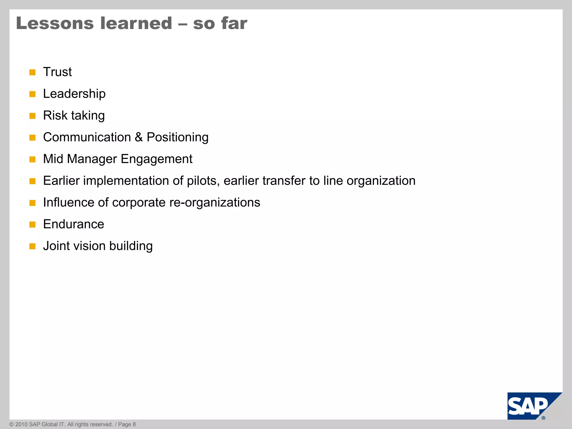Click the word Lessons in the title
point(55,23)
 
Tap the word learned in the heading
point(136,23)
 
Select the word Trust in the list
point(58,72)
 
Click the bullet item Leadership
point(74,94)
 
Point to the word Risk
point(55,115)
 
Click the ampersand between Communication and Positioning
point(139,137)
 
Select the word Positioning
point(178,137)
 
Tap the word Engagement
point(157,159)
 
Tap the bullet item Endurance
point(74,224)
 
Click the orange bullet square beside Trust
point(32,72)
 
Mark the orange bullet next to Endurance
point(32,225)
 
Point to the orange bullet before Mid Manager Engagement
point(32,159)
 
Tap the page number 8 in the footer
point(134,425)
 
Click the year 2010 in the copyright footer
point(21,425)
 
